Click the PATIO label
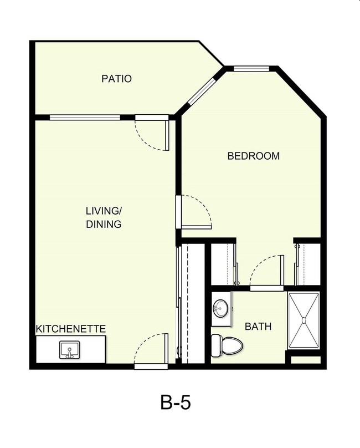pyautogui.click(x=116, y=79)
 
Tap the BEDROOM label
pyautogui.click(x=254, y=156)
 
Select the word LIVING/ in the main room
pyautogui.click(x=104, y=211)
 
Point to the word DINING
pyautogui.click(x=104, y=225)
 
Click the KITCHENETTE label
pyautogui.click(x=71, y=329)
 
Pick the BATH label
pyautogui.click(x=259, y=327)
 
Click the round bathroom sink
pyautogui.click(x=221, y=307)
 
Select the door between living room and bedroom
pyautogui.click(x=195, y=212)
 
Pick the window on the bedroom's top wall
pyautogui.click(x=251, y=69)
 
